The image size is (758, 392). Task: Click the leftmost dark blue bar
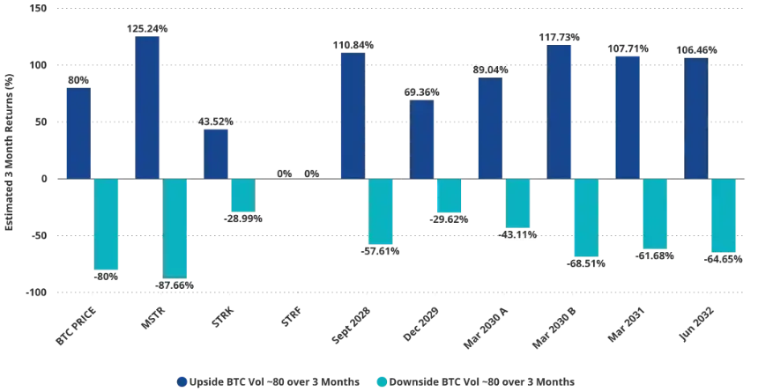coord(78,131)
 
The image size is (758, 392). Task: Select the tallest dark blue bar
coord(147,106)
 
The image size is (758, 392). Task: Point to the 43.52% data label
coord(217,122)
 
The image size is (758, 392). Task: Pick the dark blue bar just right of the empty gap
coord(353,114)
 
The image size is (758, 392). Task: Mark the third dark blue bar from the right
coord(559,110)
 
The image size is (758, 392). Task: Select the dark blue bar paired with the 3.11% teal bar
coord(490,127)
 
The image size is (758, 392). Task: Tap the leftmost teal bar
coord(107,225)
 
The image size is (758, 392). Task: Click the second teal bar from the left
coord(175,228)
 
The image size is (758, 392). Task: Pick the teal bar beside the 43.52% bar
coord(242,195)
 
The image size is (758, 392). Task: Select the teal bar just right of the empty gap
coord(381,211)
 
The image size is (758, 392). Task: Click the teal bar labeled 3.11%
coord(516,203)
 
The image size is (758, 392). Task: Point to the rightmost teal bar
coord(724,216)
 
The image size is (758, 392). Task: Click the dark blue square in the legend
coord(183,381)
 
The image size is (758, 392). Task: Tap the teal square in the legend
coord(381,381)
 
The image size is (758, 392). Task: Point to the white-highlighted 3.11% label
coord(518,235)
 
